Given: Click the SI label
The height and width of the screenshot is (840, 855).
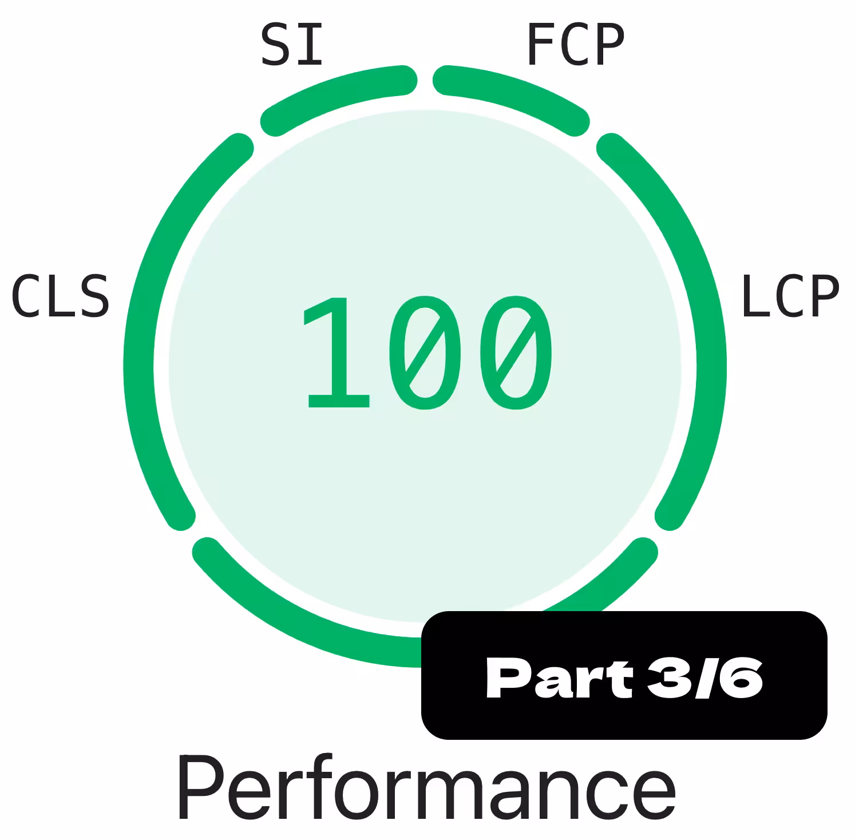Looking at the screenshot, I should click(x=292, y=45).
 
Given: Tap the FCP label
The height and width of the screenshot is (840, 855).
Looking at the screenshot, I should click(x=575, y=45).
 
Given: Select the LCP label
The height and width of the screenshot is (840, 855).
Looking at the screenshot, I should click(x=790, y=296).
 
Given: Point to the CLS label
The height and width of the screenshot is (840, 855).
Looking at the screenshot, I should click(x=60, y=296).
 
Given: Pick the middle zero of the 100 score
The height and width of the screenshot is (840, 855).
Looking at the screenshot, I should click(x=425, y=352).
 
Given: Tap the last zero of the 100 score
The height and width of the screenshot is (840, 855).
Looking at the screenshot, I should click(x=516, y=352).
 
